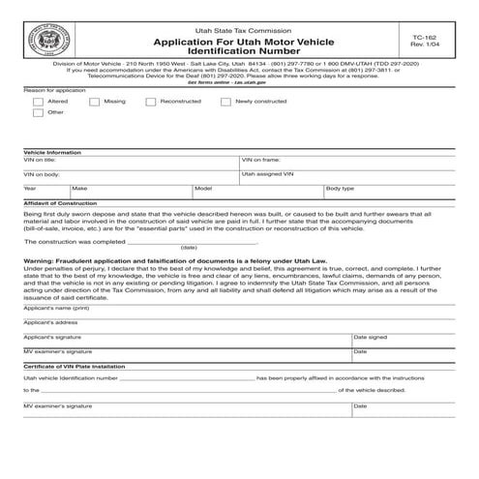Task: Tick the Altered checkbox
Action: point(37,101)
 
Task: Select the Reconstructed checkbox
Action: point(151,101)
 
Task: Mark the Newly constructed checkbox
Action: point(225,101)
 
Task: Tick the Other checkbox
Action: point(37,112)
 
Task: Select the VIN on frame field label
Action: point(260,160)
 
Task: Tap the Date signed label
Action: point(370,337)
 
